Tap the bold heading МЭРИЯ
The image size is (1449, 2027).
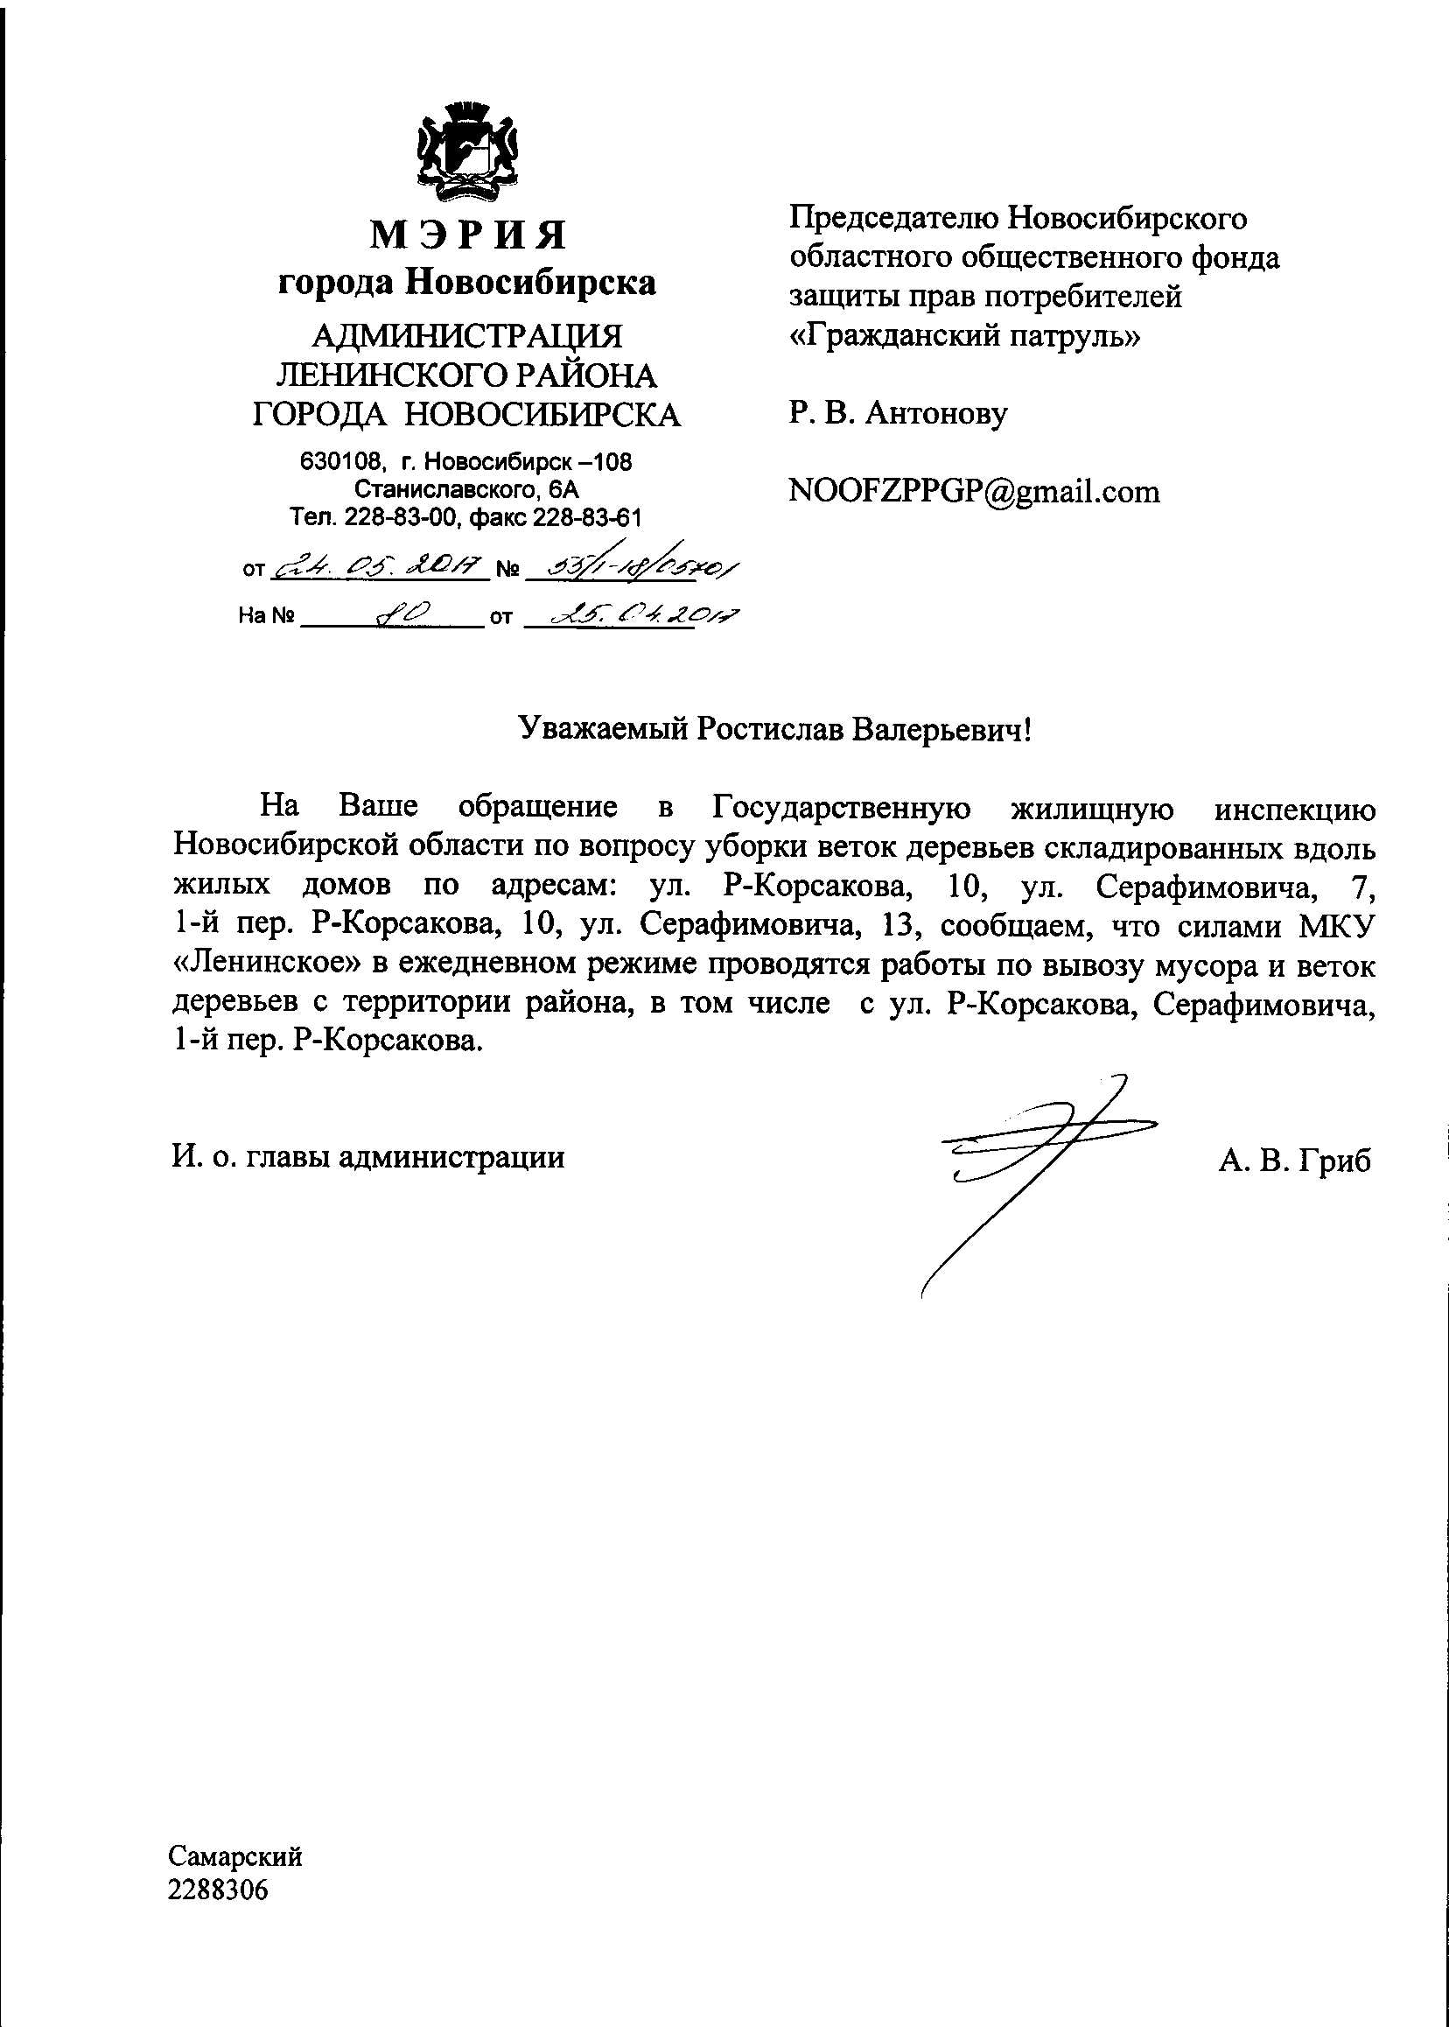(x=467, y=235)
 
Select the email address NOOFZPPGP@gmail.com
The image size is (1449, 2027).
(x=975, y=491)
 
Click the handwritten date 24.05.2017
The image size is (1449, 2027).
(x=378, y=567)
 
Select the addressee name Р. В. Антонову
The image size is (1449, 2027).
(x=898, y=413)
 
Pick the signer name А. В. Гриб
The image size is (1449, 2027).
(x=1294, y=1161)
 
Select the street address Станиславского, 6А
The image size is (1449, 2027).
(x=466, y=489)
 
